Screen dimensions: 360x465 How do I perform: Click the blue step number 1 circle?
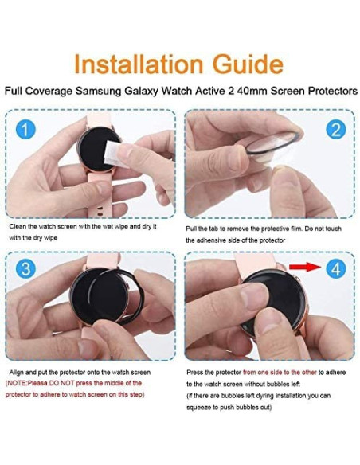[25, 130]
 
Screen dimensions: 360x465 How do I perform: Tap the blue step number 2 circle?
[335, 130]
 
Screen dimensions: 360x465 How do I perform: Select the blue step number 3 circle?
[25, 269]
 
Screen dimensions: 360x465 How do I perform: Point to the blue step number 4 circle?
[335, 269]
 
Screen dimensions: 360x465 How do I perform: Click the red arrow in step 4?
[305, 267]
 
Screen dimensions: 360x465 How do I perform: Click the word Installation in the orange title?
[139, 64]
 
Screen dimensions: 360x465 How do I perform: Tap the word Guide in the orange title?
[248, 64]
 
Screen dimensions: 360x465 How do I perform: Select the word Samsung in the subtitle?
[99, 91]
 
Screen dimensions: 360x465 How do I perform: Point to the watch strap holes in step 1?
[100, 209]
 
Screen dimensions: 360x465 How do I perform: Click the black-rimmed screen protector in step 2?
[272, 143]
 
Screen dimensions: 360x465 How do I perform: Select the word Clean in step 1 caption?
[18, 227]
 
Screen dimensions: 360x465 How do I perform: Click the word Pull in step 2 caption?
[190, 229]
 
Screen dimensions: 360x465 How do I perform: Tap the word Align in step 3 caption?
[16, 373]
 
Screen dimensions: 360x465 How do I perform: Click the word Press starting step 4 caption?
[195, 373]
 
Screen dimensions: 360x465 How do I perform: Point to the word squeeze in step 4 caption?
[198, 408]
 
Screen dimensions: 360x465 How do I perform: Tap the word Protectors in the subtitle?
[333, 91]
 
